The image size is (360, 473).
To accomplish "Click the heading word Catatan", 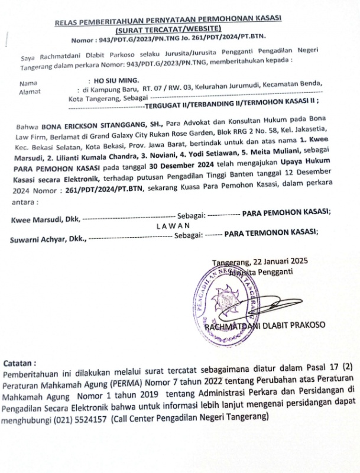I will [20, 362].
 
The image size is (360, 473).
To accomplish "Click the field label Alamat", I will [30, 92].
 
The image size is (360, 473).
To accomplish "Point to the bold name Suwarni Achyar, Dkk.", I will [47, 240].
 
